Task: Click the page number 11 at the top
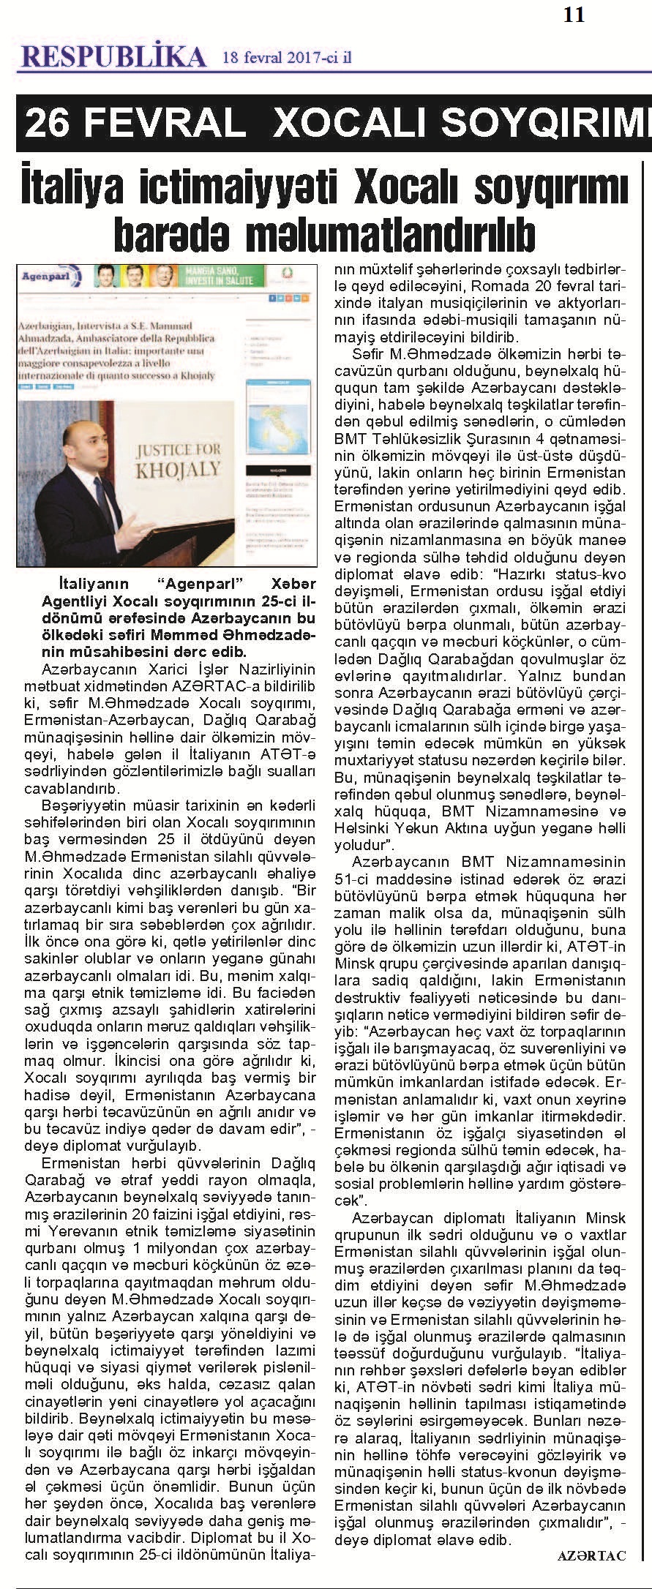(574, 15)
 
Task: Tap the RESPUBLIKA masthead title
(113, 56)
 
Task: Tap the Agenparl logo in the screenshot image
(42, 279)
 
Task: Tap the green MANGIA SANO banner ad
(220, 276)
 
